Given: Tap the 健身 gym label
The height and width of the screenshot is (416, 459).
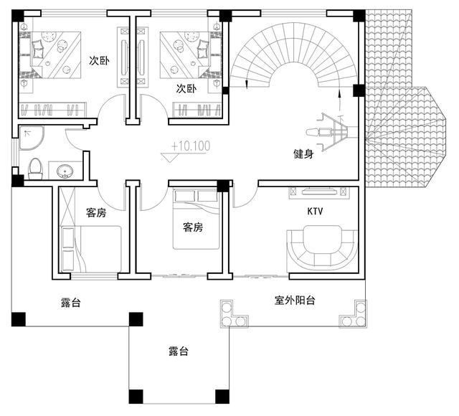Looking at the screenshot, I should coord(303,154).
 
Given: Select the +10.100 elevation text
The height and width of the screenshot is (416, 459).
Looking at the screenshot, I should coord(191,147).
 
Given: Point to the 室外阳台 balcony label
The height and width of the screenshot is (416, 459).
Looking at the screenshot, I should coord(295,300).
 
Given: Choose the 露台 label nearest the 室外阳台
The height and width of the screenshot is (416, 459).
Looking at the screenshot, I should coord(179,351).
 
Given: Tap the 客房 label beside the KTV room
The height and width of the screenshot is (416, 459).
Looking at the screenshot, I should coord(193,227).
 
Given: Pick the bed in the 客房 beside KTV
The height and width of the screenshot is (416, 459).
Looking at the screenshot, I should coord(196,219).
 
